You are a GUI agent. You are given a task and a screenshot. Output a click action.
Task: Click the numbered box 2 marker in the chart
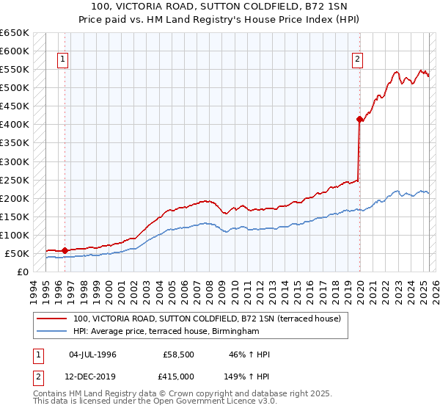coord(357,60)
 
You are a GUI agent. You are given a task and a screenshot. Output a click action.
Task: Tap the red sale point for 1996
coord(65,250)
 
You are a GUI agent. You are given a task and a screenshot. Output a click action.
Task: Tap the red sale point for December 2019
coord(359,119)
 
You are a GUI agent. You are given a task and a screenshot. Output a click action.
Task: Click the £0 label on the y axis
coord(23,272)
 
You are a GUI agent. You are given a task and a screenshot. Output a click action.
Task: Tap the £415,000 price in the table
coord(176,376)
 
